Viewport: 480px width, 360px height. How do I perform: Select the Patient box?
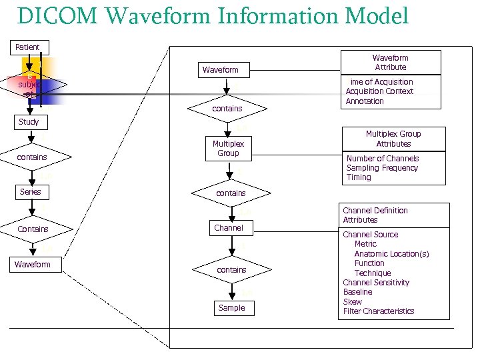[x=27, y=47]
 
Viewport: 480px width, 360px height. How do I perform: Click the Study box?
[x=28, y=122]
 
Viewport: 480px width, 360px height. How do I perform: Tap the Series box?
[x=30, y=192]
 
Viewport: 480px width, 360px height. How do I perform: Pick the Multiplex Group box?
[x=228, y=149]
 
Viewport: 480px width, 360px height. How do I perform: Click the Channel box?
[x=229, y=228]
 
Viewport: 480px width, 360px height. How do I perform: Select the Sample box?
[x=231, y=308]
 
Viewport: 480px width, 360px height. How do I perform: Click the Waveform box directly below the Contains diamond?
[x=32, y=265]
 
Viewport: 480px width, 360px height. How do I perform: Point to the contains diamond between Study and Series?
[x=32, y=157]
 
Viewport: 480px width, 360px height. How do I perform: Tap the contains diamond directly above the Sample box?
[x=231, y=270]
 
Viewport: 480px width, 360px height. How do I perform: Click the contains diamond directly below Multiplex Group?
[x=231, y=193]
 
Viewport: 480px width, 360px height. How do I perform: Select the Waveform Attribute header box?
[x=390, y=63]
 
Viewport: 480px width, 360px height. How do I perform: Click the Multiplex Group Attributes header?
[x=393, y=139]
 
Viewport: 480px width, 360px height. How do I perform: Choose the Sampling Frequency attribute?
[x=382, y=168]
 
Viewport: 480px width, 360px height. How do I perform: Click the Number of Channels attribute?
[x=383, y=159]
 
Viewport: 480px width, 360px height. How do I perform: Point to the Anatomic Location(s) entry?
[x=391, y=254]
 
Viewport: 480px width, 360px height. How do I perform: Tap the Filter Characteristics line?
[x=378, y=311]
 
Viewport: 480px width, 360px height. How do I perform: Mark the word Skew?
[x=352, y=302]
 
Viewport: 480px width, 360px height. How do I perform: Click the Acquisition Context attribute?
[x=379, y=91]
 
